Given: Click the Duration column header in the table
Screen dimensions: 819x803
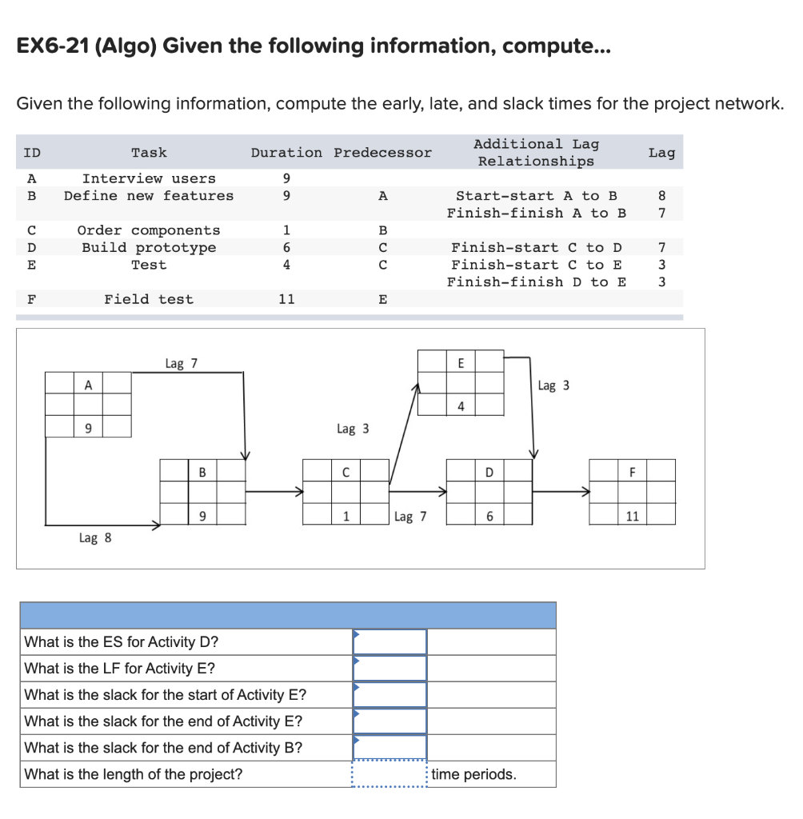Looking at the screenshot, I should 286,153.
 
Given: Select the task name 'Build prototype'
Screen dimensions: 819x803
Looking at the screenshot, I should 149,248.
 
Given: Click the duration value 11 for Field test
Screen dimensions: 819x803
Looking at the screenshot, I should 286,299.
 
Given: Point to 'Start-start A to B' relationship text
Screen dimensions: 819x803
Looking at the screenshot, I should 536,196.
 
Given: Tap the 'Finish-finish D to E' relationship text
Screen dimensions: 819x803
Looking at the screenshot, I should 536,282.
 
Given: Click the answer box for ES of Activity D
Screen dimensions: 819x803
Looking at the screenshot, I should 390,641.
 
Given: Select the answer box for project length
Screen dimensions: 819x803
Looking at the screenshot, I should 390,774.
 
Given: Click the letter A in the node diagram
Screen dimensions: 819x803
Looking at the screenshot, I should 88,385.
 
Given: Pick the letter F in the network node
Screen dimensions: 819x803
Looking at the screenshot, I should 632,472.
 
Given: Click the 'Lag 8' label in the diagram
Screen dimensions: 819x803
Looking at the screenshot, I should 95,538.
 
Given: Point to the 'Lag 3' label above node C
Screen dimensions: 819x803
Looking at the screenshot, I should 353,429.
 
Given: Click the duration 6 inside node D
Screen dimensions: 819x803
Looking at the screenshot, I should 489,517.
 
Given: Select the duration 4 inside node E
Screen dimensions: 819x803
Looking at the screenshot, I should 461,406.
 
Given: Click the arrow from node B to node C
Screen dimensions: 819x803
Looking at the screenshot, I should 274,492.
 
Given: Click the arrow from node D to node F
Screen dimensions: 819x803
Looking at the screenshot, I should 561,492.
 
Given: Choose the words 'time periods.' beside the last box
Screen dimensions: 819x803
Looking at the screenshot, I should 473,774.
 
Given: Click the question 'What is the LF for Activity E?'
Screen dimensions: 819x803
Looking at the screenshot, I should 120,669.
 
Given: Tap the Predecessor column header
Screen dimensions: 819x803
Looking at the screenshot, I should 382,153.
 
